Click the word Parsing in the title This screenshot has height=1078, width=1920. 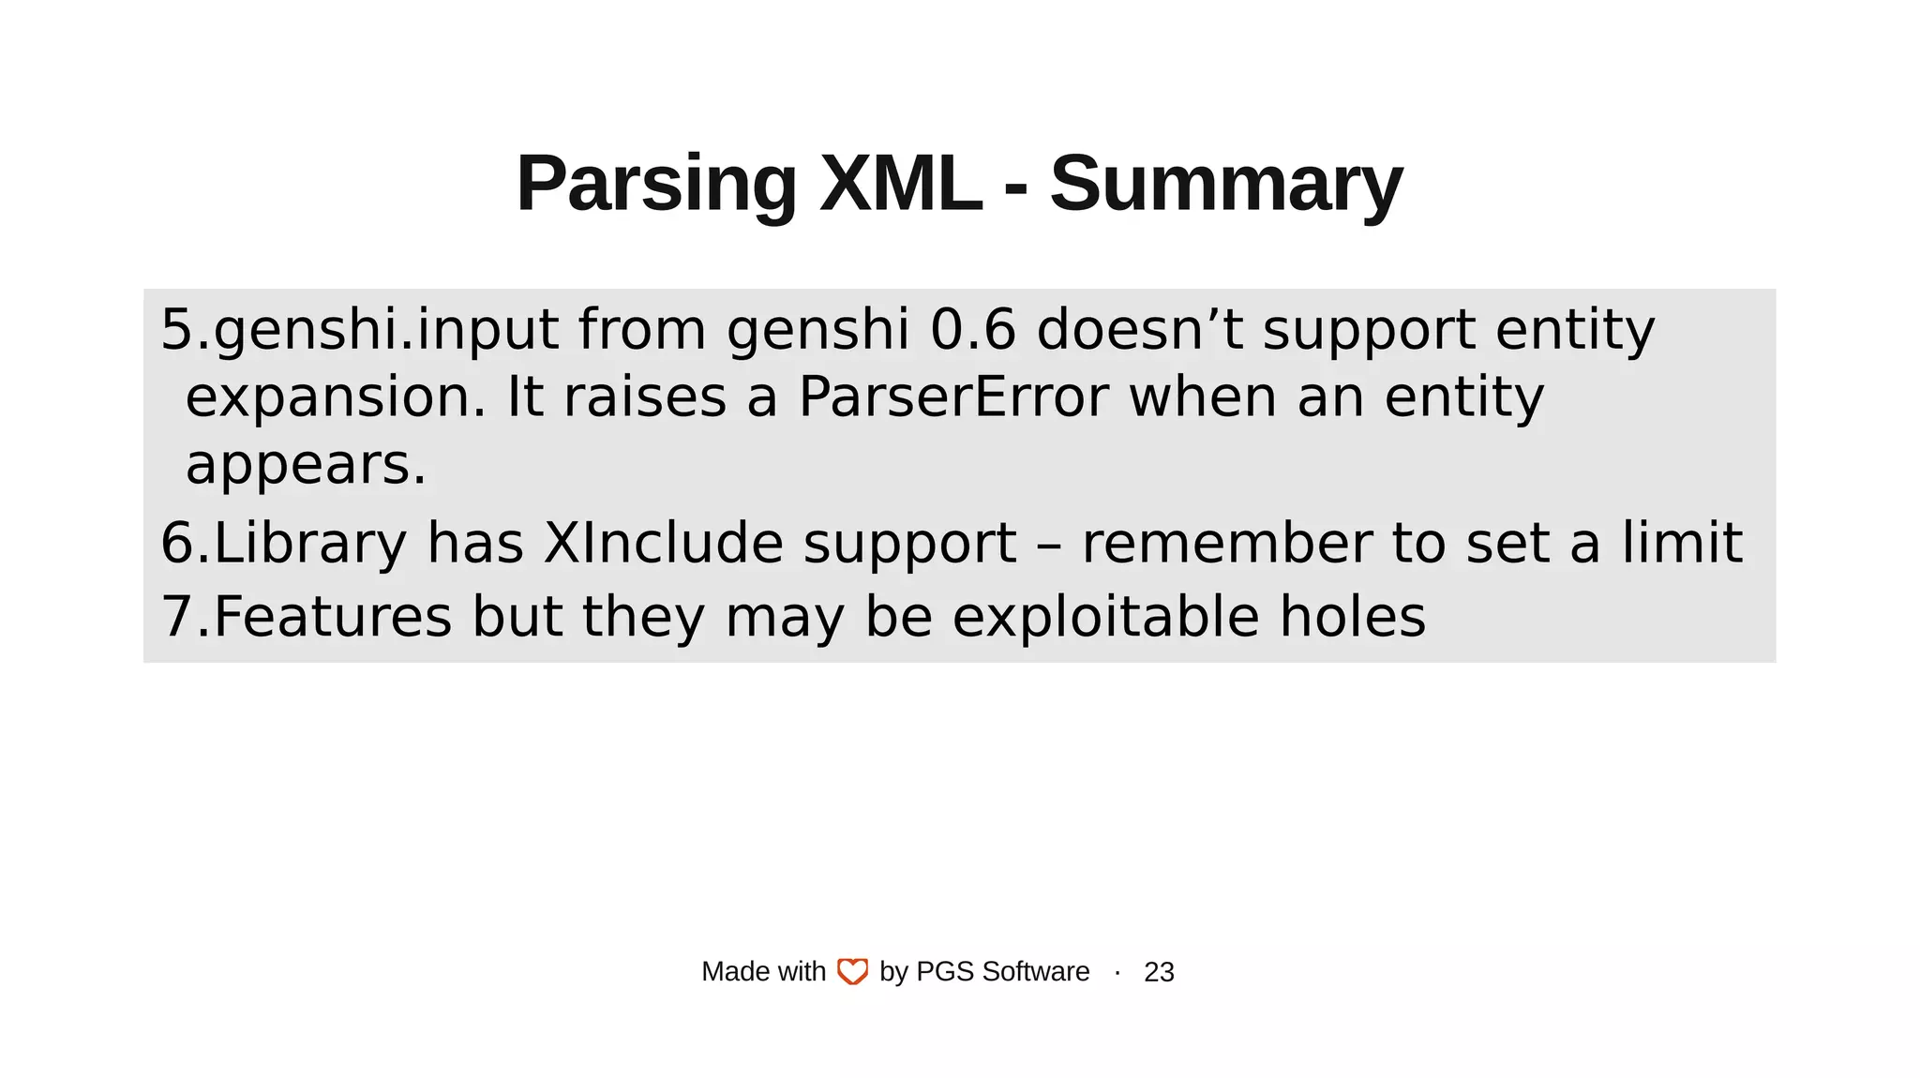[656, 185]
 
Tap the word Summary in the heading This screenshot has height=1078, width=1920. [1225, 185]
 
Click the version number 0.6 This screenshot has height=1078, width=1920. [972, 330]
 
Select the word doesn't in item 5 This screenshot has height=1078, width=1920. [1139, 330]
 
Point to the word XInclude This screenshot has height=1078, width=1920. [663, 544]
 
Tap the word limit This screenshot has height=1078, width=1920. [1682, 544]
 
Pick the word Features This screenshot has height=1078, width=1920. [333, 618]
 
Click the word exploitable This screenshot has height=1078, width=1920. [1105, 618]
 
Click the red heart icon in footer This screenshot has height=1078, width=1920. [852, 972]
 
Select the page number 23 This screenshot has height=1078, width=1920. [1159, 972]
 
